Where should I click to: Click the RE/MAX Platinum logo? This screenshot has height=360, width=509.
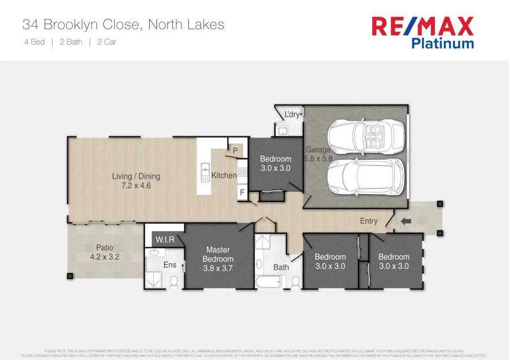(x=422, y=32)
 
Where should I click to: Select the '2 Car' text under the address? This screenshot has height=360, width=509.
(x=107, y=42)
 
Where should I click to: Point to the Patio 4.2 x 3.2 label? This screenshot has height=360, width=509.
(x=105, y=252)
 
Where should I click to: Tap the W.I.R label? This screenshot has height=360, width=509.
(x=165, y=240)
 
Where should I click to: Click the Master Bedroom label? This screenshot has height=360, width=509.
(x=218, y=259)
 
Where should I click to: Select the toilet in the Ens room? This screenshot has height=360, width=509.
(x=174, y=281)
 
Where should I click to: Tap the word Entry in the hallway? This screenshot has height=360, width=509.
(x=369, y=221)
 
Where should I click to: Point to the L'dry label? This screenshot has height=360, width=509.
(x=292, y=115)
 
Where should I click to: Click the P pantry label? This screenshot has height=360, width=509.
(x=235, y=150)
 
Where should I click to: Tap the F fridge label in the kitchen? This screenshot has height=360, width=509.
(x=242, y=192)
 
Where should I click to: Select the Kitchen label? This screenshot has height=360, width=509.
(x=224, y=175)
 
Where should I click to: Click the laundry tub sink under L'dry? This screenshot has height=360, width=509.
(x=282, y=131)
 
